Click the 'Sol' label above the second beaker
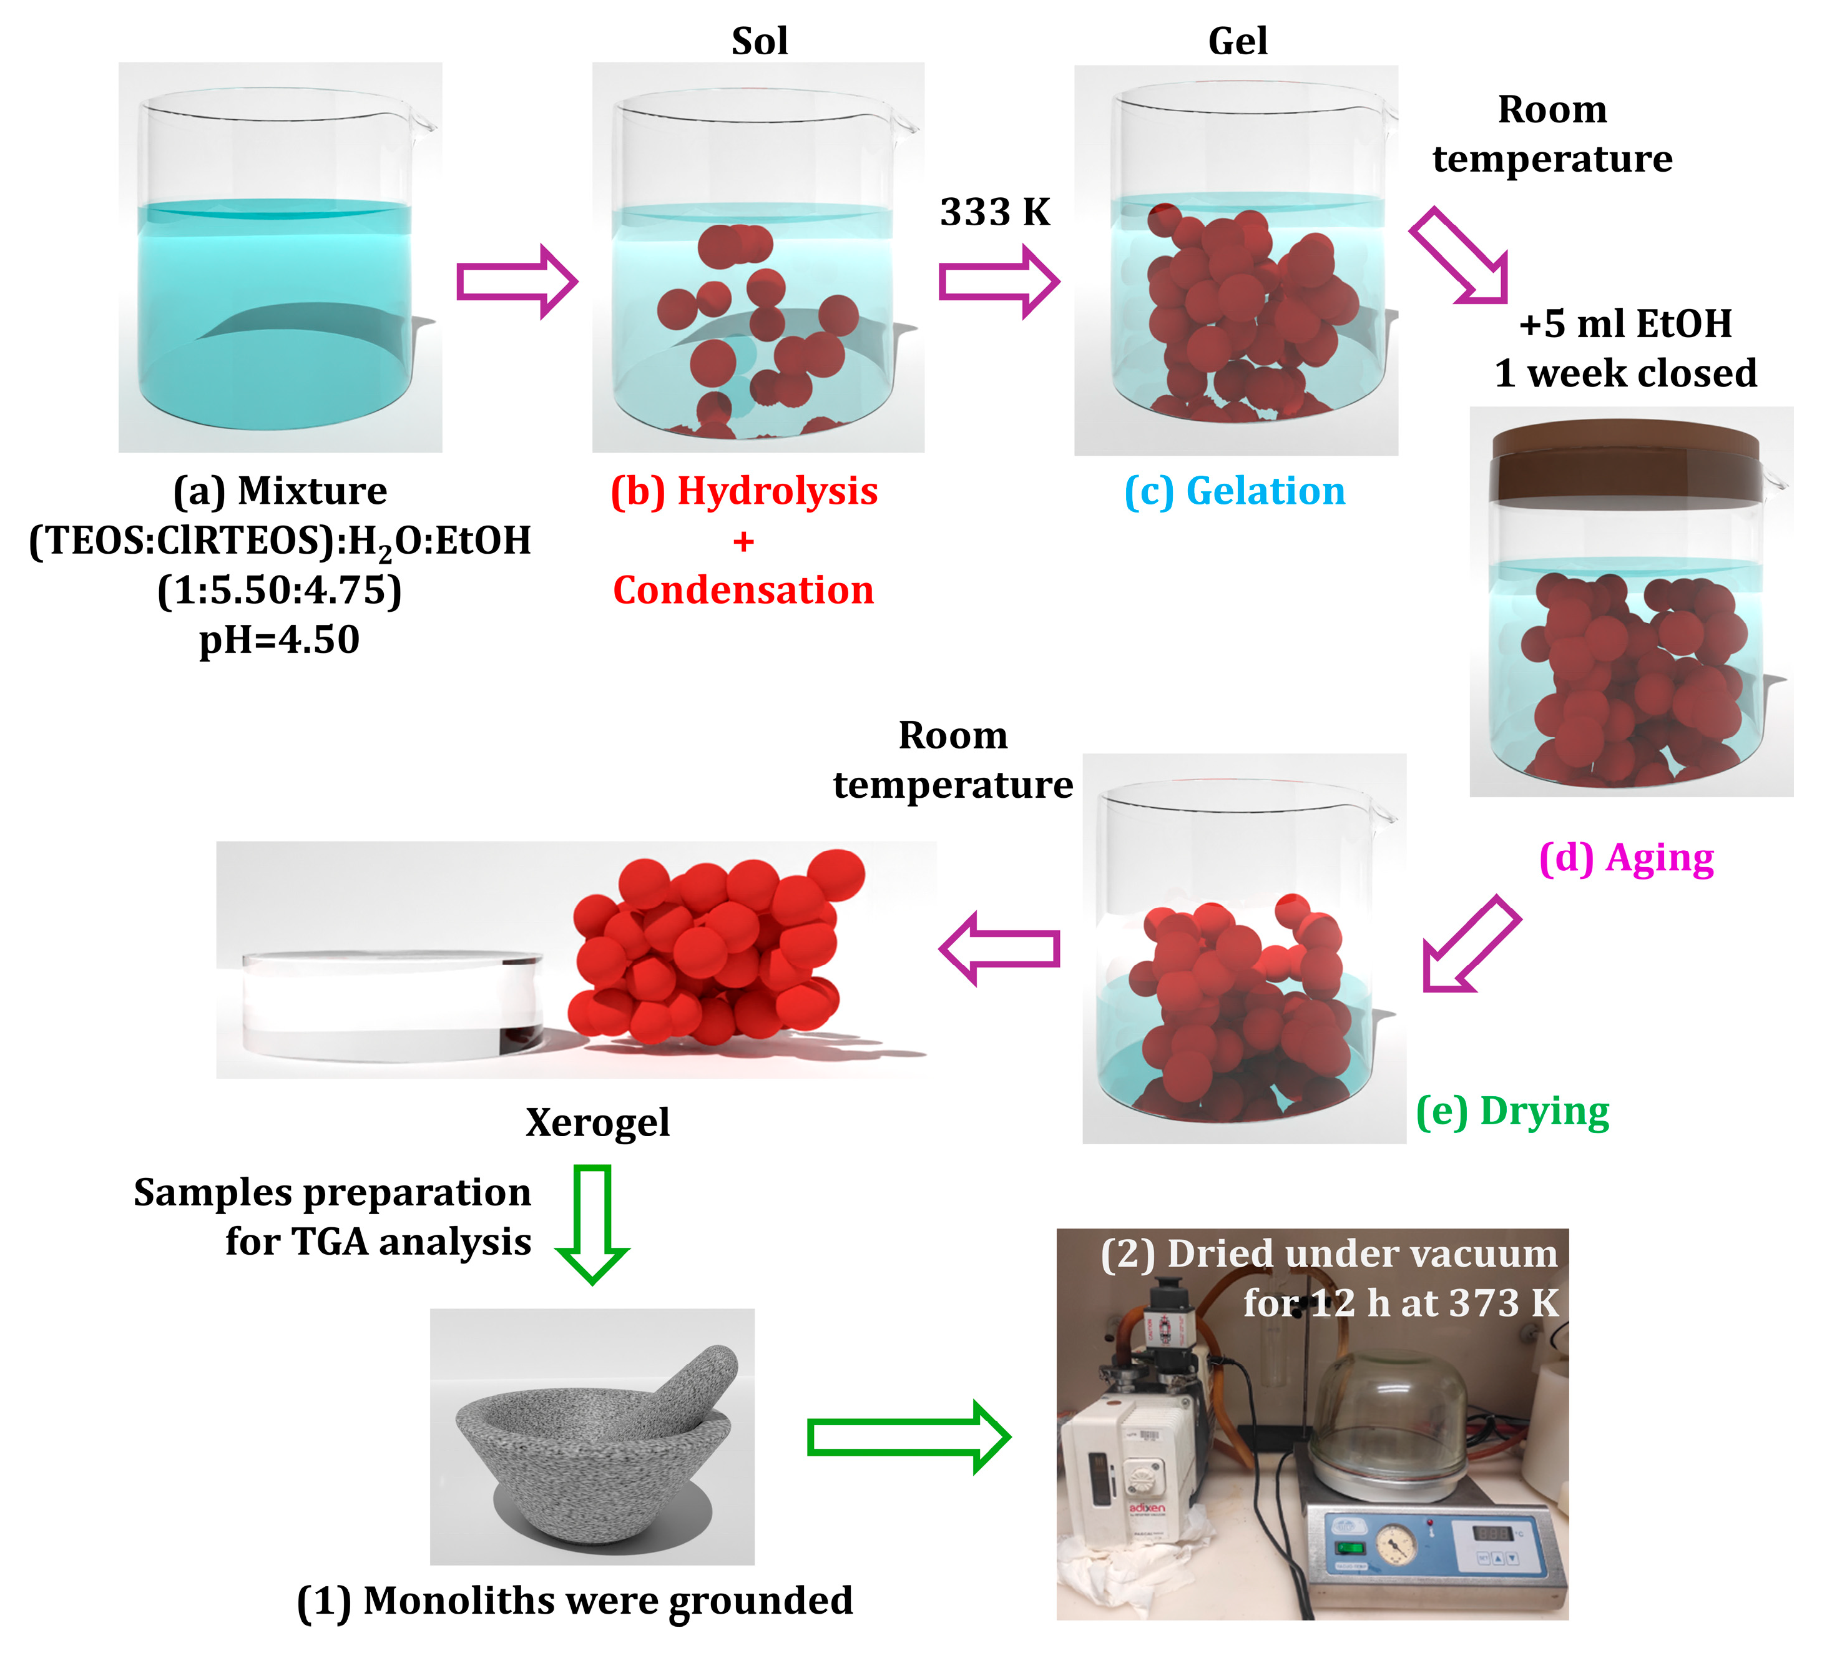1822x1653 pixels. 759,42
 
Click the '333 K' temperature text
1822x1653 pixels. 994,212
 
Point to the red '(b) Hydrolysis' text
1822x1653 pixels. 744,491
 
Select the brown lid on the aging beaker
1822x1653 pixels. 1625,462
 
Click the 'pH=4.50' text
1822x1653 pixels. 279,640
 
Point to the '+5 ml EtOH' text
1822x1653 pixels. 1624,323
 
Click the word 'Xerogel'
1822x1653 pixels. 597,1122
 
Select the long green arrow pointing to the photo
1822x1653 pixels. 908,1437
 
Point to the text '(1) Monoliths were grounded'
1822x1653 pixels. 575,1601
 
